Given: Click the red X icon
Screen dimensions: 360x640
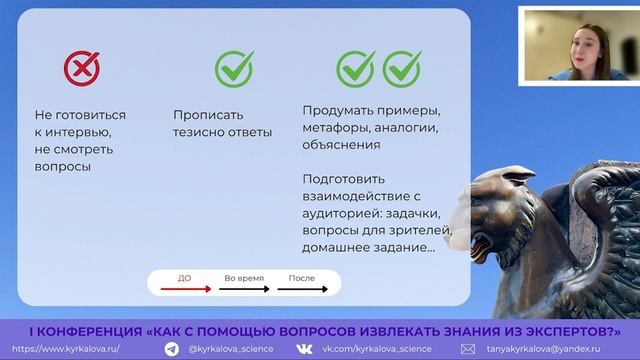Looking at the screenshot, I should (x=82, y=68).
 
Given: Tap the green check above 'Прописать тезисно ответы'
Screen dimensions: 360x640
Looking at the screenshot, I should (x=234, y=68).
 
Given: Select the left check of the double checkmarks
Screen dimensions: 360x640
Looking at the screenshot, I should (x=355, y=68).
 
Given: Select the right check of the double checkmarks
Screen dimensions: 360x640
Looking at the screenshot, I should (x=402, y=68).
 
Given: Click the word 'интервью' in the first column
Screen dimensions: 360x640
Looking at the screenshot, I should (x=80, y=132).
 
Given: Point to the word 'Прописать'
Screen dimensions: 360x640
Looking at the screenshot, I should (x=208, y=115).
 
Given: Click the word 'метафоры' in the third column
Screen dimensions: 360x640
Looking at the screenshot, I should (x=337, y=127).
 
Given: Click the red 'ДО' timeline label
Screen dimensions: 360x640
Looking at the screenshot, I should (x=184, y=277).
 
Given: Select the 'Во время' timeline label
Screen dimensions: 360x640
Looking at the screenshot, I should (x=243, y=277).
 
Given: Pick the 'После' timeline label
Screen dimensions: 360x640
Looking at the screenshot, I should (x=301, y=277).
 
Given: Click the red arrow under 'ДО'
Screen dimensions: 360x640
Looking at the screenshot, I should (x=185, y=289).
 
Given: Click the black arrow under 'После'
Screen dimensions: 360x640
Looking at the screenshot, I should (x=303, y=289).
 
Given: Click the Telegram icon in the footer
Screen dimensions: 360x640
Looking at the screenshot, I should (x=172, y=349).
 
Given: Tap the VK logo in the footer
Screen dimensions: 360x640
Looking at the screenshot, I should (x=304, y=349).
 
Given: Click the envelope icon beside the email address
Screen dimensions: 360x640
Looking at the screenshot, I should (x=467, y=349).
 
